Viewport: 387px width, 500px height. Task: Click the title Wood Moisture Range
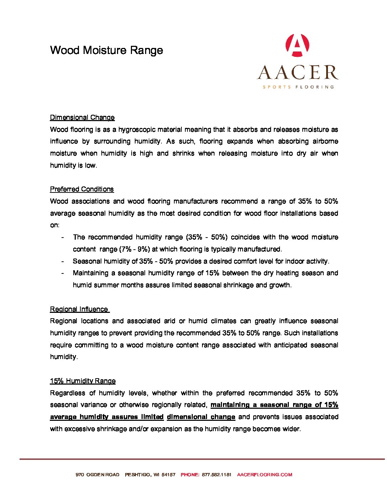(106, 50)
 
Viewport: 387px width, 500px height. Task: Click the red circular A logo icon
(297, 45)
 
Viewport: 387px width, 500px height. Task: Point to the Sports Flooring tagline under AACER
(298, 87)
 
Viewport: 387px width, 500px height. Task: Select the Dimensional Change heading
(82, 118)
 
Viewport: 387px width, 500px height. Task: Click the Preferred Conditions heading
(82, 189)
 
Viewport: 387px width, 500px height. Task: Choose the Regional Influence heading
(79, 309)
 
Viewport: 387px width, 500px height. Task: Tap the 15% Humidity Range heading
(83, 381)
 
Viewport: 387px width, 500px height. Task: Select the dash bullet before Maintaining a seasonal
(63, 273)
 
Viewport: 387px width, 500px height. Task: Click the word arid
(169, 321)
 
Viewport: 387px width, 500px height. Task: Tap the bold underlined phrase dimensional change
(201, 417)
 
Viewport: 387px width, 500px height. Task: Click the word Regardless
(68, 393)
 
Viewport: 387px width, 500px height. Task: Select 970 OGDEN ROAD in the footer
(97, 475)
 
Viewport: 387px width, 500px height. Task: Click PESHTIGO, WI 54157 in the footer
(150, 475)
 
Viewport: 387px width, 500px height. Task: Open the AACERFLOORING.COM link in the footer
(264, 475)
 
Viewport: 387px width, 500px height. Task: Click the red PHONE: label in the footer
(190, 475)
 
